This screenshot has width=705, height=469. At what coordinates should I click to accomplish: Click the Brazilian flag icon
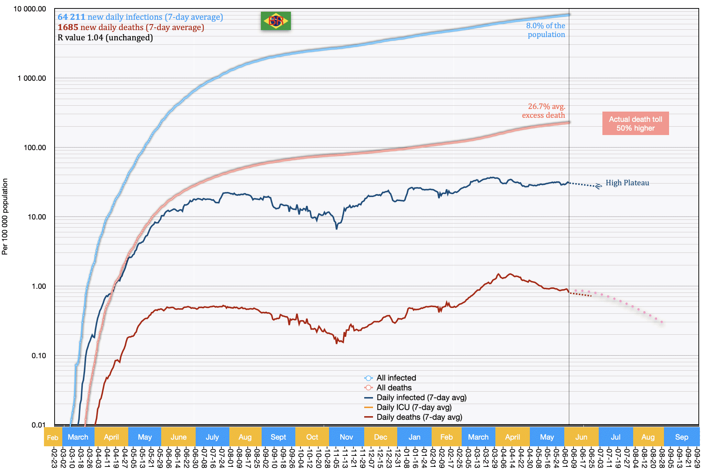276,21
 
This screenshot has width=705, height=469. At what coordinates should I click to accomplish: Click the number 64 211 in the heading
71,17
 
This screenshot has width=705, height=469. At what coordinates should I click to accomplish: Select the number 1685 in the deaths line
68,27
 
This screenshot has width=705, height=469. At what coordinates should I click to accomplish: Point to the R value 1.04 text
105,37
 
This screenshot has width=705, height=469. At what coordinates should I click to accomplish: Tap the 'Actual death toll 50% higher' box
635,123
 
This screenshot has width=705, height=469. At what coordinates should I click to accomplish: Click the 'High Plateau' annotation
627,183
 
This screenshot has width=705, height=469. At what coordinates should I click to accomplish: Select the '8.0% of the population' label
546,30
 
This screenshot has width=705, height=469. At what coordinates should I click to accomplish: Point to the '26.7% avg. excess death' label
543,111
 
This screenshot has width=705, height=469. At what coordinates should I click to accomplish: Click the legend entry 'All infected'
396,378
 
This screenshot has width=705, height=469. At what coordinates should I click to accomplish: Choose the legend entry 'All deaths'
394,388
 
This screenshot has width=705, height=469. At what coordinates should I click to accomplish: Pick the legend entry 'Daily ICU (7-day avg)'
414,407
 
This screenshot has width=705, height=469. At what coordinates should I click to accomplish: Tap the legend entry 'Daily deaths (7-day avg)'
419,417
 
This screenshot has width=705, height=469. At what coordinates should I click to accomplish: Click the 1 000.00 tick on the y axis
32,78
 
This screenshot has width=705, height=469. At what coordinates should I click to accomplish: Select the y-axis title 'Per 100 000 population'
5,217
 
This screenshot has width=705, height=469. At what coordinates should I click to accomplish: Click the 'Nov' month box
346,437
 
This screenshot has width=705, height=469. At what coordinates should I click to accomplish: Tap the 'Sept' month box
278,437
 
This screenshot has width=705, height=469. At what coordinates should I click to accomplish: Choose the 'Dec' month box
380,437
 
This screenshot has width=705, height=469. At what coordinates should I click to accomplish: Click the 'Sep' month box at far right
681,437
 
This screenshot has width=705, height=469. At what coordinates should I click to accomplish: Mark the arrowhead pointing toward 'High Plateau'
598,186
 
